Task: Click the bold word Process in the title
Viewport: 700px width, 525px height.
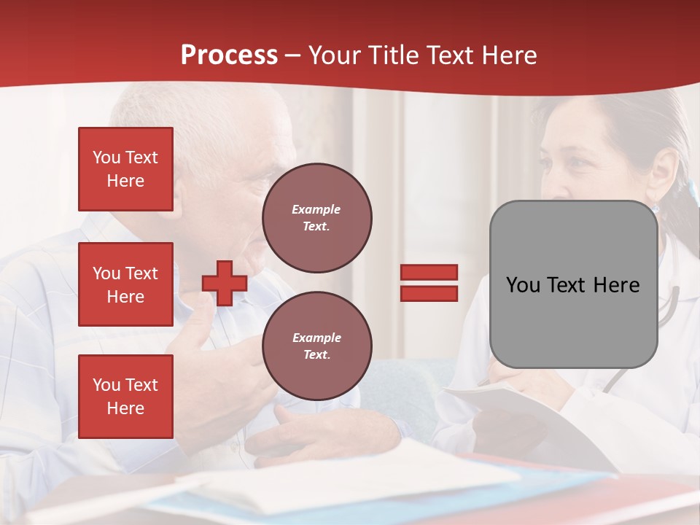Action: tap(229, 55)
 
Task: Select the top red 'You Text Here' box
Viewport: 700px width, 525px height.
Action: tap(125, 169)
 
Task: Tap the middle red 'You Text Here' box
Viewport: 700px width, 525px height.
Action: tap(125, 284)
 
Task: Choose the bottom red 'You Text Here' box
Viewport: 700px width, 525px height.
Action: tap(125, 397)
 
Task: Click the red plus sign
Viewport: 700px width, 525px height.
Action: tap(225, 283)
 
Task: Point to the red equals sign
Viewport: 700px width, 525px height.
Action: tap(429, 283)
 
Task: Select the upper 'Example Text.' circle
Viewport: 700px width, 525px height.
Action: tap(316, 218)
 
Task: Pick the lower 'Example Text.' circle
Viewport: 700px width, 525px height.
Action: tap(316, 346)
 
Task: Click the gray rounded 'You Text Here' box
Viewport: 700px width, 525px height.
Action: tap(573, 284)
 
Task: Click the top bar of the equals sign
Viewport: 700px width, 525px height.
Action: tap(429, 272)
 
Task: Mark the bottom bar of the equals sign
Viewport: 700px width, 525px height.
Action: tap(429, 294)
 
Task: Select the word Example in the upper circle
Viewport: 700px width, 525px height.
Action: tap(316, 209)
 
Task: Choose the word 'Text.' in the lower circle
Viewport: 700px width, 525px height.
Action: tap(316, 355)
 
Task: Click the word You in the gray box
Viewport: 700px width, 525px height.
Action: tap(523, 285)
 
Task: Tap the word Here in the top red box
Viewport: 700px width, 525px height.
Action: tap(125, 181)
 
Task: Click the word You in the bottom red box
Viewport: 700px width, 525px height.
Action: tap(106, 385)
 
